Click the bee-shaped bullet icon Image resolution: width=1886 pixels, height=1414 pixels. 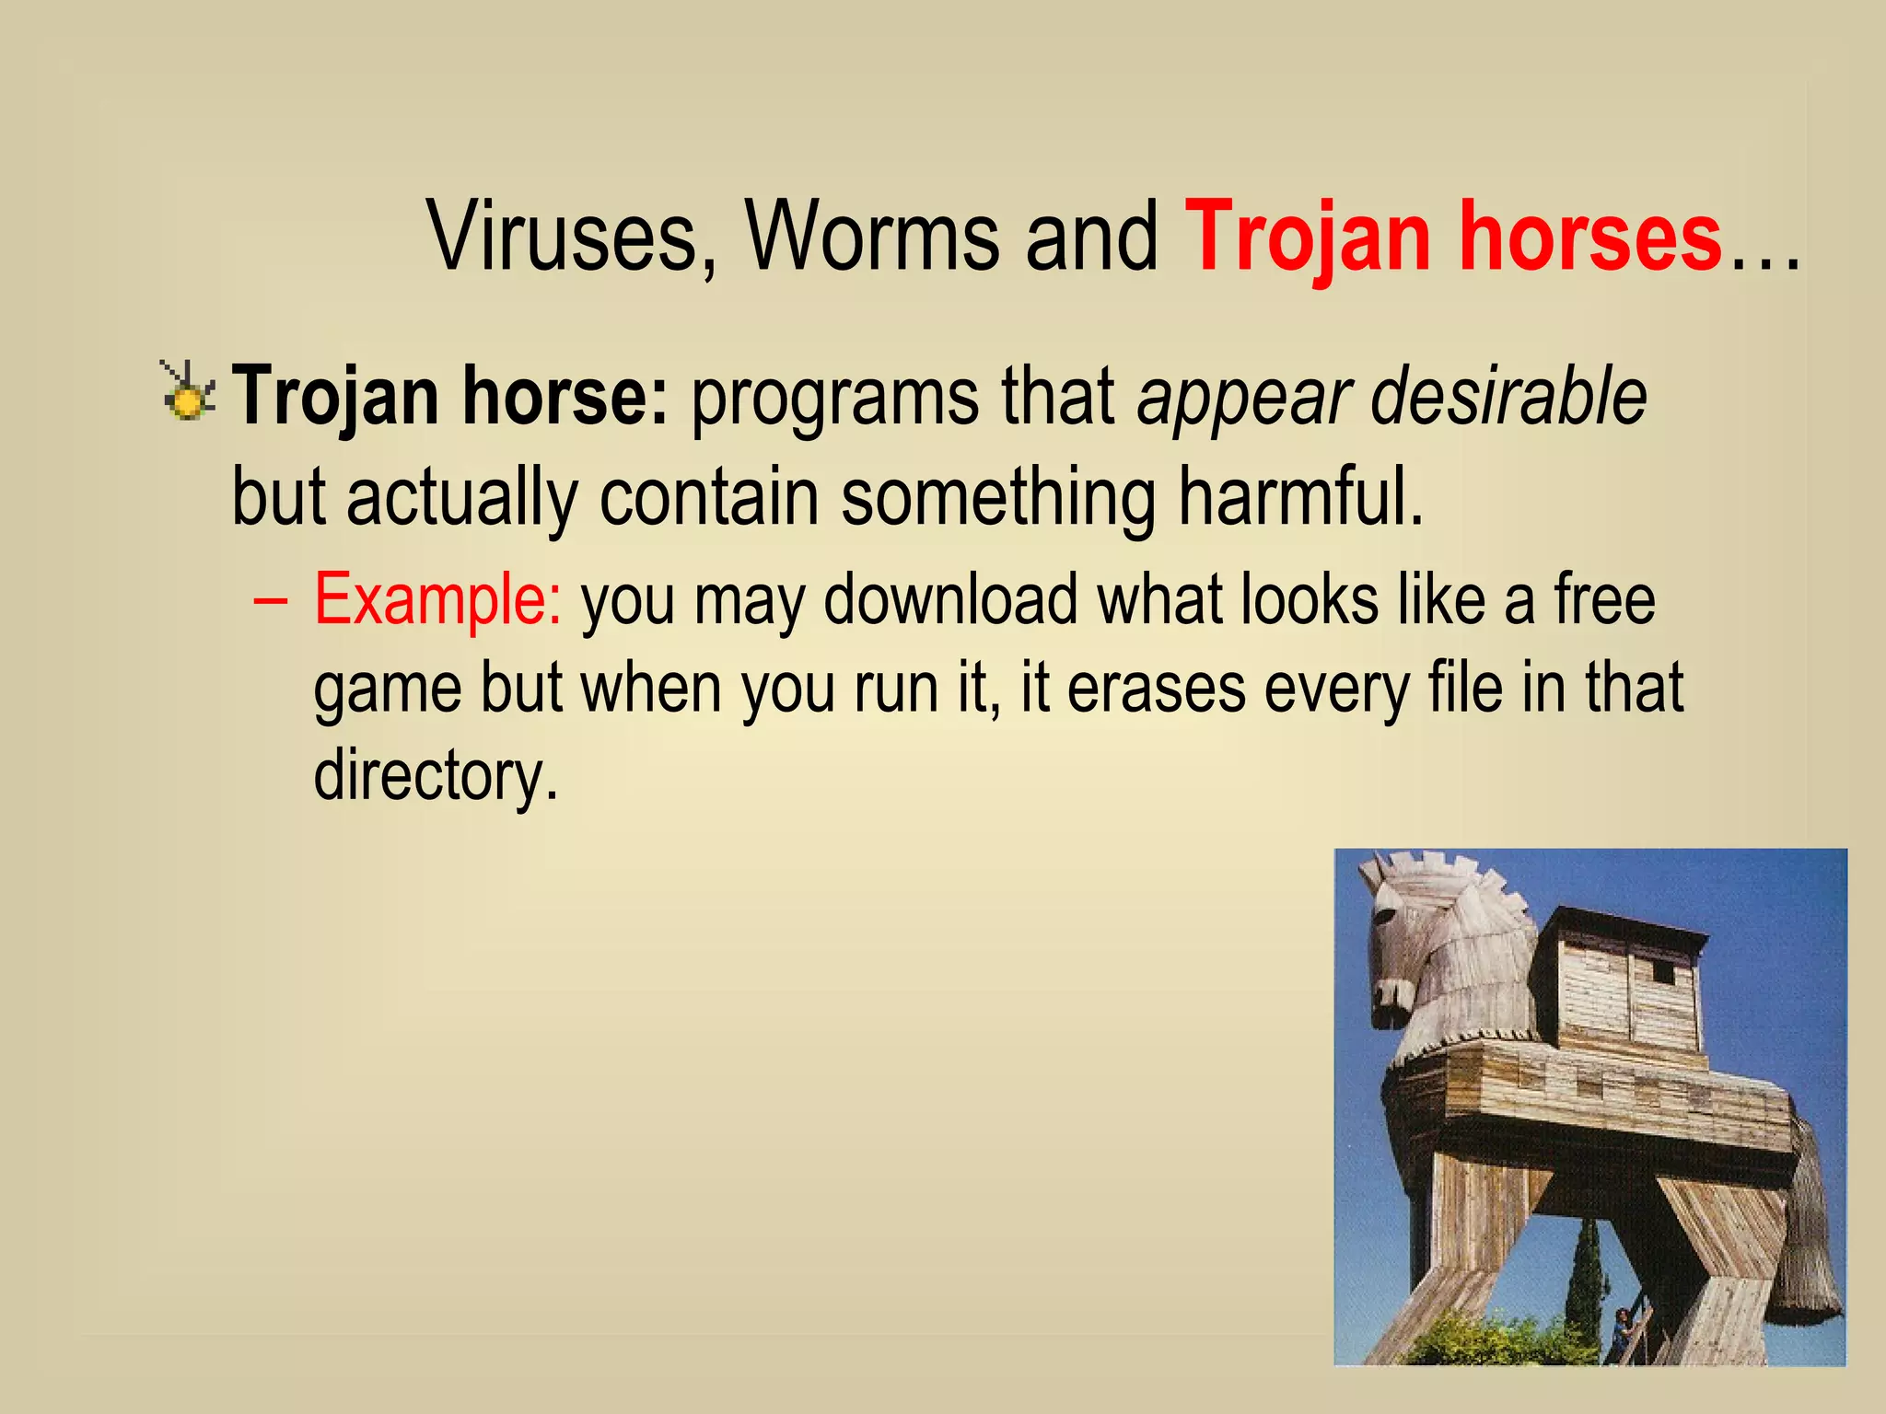(x=188, y=393)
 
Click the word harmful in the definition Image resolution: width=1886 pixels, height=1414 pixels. (x=1300, y=497)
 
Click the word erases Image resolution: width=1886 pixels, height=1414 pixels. (x=1156, y=689)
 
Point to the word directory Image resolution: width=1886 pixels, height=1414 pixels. (x=436, y=775)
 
